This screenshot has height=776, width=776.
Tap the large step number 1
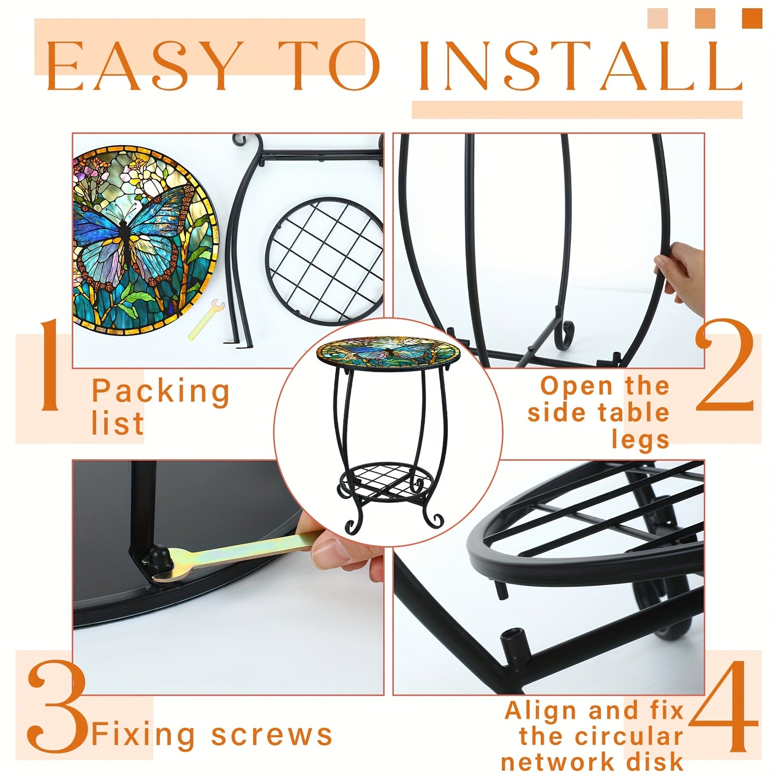point(51,365)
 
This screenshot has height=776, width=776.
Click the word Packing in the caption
point(161,391)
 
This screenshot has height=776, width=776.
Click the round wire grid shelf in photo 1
point(324,261)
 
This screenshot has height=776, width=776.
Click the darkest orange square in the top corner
point(752,18)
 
